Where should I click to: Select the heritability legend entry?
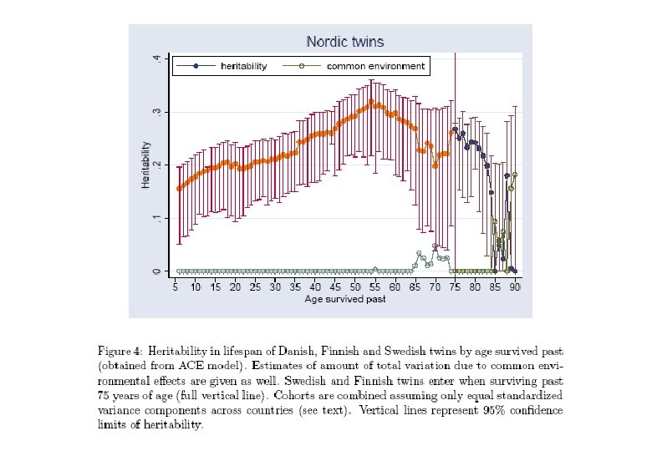click(x=243, y=66)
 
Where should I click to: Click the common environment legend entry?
click(x=375, y=66)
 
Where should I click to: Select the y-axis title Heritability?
click(x=145, y=165)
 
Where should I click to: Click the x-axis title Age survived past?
click(x=345, y=300)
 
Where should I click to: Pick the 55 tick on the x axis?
click(x=374, y=286)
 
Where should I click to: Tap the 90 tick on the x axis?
click(x=515, y=286)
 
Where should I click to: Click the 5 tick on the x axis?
click(x=176, y=286)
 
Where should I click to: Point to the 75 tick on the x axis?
click(x=455, y=286)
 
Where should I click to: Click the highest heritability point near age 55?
click(x=371, y=102)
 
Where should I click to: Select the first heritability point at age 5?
click(x=179, y=189)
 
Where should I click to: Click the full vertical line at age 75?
click(x=455, y=167)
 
